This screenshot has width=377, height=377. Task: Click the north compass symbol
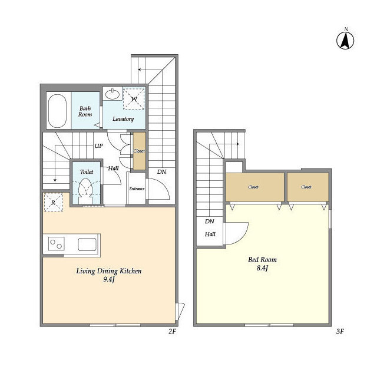pos(345,40)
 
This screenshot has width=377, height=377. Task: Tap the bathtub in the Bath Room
pos(57,111)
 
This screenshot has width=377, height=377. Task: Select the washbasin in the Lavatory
pos(113,94)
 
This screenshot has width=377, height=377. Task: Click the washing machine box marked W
pos(134,98)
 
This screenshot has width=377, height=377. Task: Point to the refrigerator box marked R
pos(54,203)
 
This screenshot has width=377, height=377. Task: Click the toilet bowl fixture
pos(86,190)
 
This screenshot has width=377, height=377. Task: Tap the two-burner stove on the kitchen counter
pos(57,243)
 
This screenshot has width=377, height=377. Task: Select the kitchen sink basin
pos(87,244)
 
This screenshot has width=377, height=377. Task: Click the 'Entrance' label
pos(137,188)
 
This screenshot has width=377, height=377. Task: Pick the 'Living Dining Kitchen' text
pos(109,271)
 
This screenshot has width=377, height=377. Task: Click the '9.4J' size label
pos(108,280)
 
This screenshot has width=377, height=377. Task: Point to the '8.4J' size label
pos(262,268)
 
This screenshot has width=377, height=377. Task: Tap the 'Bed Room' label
pos(262,260)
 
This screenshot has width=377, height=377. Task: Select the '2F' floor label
pos(172,332)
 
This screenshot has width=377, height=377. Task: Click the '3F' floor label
pos(340,332)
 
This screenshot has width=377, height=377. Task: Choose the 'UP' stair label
pos(98,146)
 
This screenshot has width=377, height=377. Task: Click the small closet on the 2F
pos(140,151)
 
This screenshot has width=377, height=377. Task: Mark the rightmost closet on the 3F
pos(308,187)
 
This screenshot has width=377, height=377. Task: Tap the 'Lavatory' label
pos(123,119)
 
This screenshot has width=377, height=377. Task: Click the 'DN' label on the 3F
pos(210,221)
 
